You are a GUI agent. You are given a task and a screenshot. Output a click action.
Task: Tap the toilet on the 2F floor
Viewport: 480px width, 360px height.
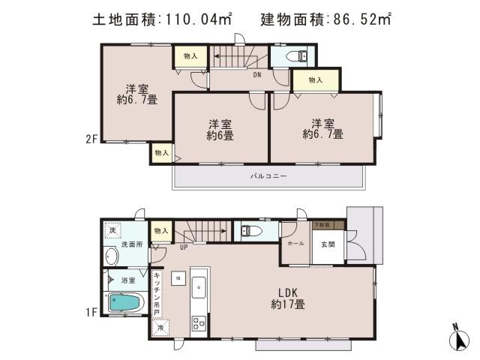click(x=299, y=55)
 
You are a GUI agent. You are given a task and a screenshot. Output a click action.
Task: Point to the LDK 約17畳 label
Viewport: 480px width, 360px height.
click(x=288, y=298)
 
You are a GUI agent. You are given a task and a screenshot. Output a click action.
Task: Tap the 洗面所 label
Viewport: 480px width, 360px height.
click(x=133, y=245)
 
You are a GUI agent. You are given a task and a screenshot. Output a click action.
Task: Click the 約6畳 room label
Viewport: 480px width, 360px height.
click(x=220, y=130)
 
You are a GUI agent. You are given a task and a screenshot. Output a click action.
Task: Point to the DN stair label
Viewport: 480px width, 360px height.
click(x=256, y=74)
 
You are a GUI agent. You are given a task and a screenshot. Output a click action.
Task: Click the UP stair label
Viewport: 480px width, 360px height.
click(x=183, y=247)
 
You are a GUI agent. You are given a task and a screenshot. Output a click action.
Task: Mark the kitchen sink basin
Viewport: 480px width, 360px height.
click(x=199, y=285)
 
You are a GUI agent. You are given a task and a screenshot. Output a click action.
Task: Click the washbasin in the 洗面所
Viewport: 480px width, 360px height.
click(x=112, y=256)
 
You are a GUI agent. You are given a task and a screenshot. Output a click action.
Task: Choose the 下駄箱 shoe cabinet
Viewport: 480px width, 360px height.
click(x=328, y=224)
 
